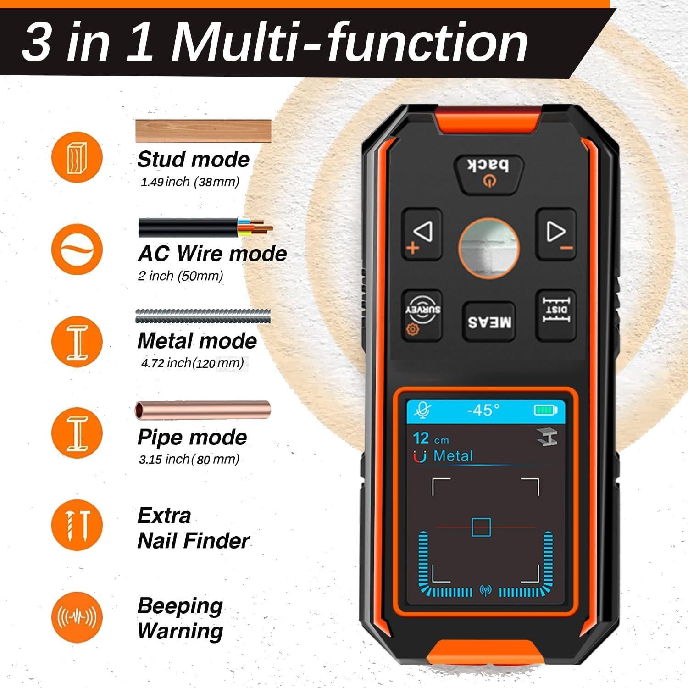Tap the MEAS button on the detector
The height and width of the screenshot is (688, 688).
(x=489, y=322)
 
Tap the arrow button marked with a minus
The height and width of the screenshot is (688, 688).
(x=556, y=234)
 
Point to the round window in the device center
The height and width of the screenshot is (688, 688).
(x=489, y=248)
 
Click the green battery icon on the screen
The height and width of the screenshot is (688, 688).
(x=545, y=410)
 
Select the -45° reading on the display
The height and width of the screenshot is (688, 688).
(x=483, y=410)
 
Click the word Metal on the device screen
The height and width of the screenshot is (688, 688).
(x=453, y=456)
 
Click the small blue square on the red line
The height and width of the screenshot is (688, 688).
(x=481, y=527)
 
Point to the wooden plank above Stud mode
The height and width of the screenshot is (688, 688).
(x=203, y=131)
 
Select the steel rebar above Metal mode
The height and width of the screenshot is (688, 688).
(x=203, y=317)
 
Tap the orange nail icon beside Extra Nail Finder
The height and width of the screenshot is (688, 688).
(x=77, y=525)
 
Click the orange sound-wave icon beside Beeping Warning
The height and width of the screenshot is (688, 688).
(x=77, y=617)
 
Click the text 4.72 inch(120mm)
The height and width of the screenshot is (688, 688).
(x=192, y=363)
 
